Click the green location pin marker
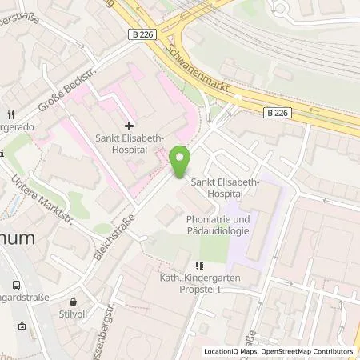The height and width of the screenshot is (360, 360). (x=181, y=164)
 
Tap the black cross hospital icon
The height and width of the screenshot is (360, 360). (x=129, y=126)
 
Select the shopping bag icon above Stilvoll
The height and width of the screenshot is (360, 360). (x=74, y=302)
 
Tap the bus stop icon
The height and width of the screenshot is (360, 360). (x=16, y=285)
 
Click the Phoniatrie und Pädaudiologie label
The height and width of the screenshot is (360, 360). (x=217, y=225)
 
